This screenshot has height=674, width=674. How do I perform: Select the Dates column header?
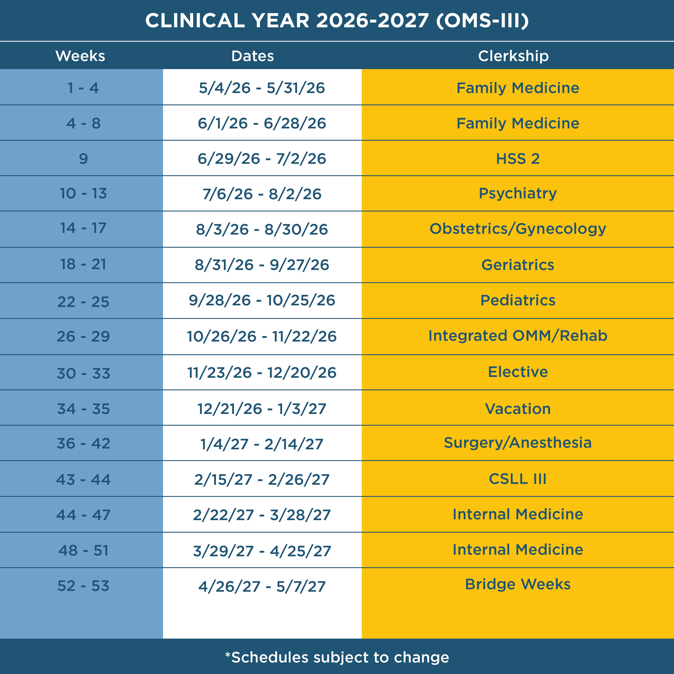click(253, 56)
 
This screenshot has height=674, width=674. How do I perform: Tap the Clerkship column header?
click(513, 56)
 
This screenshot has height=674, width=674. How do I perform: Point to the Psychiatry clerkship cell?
click(518, 194)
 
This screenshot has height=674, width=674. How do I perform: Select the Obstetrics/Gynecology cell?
click(518, 229)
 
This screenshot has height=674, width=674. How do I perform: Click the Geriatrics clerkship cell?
click(518, 265)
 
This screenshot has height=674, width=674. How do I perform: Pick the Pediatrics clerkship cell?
click(518, 300)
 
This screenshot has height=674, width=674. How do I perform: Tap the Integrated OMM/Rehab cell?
click(518, 336)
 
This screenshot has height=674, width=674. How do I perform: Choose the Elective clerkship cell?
click(518, 372)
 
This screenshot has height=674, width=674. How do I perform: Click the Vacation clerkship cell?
click(518, 408)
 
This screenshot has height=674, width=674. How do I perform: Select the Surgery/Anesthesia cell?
click(518, 443)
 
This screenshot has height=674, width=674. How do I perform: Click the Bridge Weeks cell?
click(518, 584)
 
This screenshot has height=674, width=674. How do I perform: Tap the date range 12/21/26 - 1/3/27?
click(262, 408)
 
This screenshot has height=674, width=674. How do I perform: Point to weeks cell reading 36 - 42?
click(83, 443)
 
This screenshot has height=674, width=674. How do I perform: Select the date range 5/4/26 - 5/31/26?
click(262, 88)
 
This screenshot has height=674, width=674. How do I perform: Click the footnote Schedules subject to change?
click(337, 657)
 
